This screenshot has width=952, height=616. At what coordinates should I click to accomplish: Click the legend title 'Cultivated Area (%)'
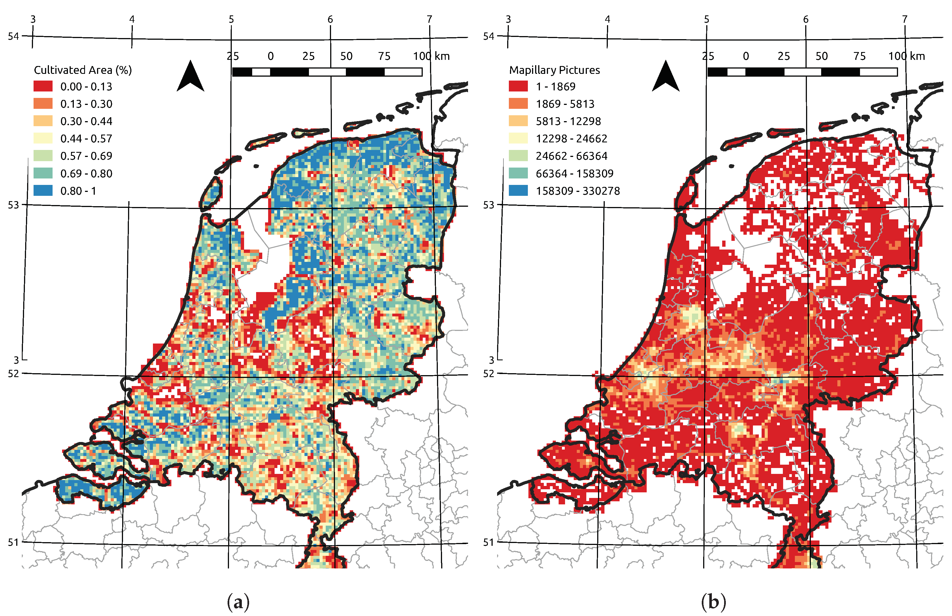(83, 70)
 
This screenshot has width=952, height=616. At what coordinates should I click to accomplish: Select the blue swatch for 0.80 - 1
(43, 191)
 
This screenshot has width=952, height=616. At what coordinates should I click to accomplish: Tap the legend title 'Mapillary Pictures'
(554, 70)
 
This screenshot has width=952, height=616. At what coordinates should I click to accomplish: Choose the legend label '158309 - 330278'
(578, 191)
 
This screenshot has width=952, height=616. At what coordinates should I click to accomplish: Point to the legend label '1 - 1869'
(555, 86)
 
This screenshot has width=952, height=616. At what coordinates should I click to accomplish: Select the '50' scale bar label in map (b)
(821, 56)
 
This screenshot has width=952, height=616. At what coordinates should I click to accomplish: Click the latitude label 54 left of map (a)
(13, 36)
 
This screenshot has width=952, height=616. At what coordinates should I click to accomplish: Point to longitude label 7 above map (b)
(904, 19)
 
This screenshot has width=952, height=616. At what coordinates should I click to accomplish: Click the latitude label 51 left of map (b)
(488, 542)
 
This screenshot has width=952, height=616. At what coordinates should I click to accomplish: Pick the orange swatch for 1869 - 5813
(518, 104)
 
